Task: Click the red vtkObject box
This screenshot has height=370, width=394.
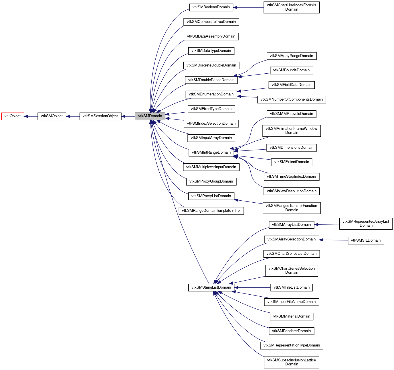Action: coord(13,116)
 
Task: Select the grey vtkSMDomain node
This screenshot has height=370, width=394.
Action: coord(150,116)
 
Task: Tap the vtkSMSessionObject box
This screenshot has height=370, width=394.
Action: coord(100,116)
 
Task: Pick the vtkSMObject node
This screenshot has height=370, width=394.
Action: coord(52,116)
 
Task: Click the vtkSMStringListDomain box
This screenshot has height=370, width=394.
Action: coord(211,287)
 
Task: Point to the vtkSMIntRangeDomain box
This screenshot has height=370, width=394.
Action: coord(211,152)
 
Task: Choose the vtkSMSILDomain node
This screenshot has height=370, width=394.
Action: coord(366,240)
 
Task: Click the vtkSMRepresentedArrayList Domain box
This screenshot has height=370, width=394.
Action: coord(366,224)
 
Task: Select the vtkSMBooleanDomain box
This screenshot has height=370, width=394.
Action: coord(211,7)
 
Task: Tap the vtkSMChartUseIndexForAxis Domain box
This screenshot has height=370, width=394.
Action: coord(292,7)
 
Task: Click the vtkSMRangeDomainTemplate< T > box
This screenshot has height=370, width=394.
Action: coord(211,211)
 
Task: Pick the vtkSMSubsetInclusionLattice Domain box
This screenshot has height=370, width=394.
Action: coord(292,362)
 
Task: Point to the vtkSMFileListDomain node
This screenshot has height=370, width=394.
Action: coord(292,287)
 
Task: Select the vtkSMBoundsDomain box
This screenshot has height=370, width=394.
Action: coord(292,70)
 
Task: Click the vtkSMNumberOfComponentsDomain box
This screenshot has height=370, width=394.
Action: coord(292,99)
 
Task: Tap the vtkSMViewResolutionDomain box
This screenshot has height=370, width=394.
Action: coord(292,191)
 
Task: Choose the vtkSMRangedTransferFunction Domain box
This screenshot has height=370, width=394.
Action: coord(292,208)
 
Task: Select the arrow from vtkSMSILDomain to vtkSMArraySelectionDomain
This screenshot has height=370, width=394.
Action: coord(333,240)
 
